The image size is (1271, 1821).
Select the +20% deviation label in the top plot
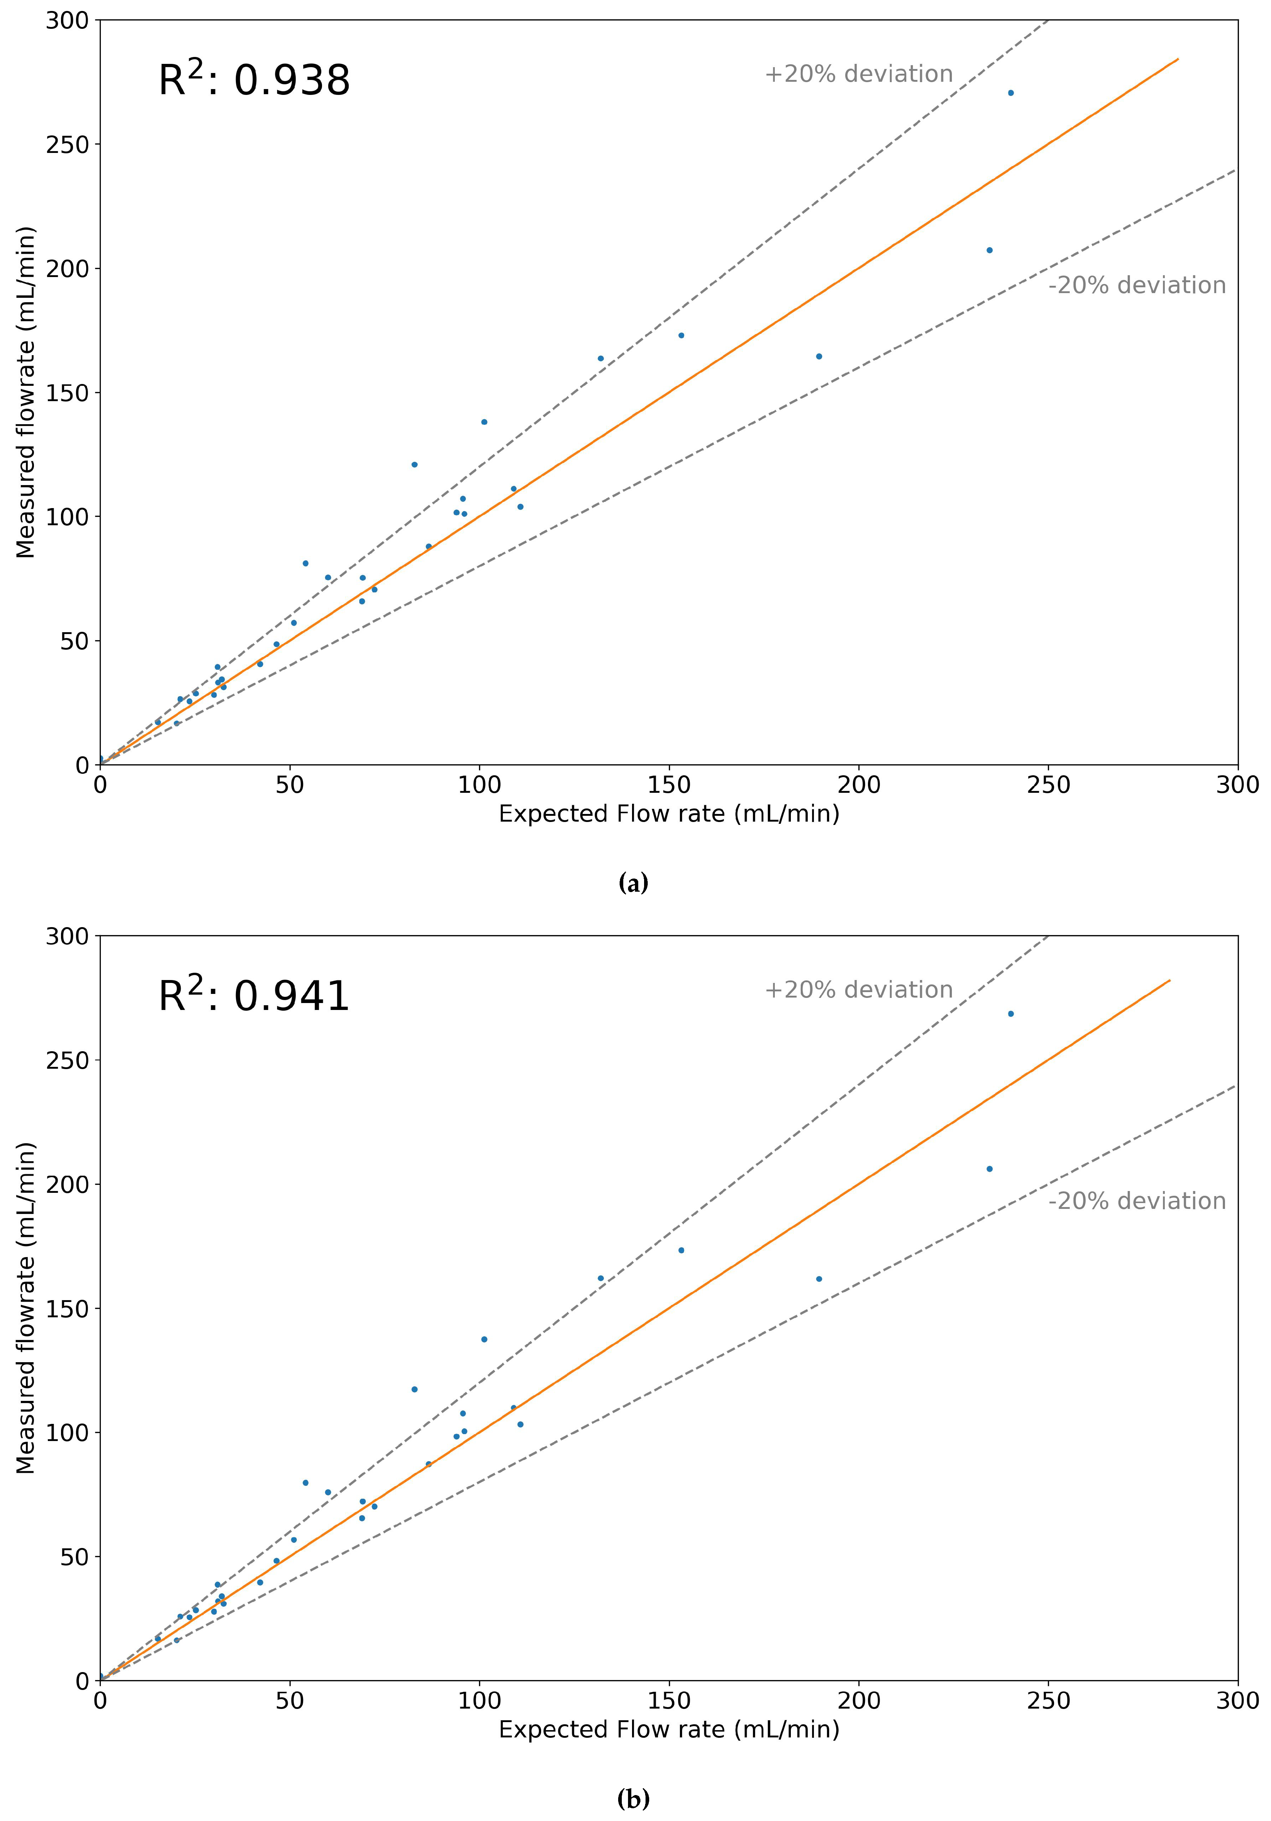coord(858,74)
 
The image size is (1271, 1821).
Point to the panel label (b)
coord(633,1799)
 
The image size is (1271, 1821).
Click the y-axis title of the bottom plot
coord(26,1309)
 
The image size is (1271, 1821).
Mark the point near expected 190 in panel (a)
coord(819,356)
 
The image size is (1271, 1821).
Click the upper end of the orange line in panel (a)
coord(1178,59)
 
